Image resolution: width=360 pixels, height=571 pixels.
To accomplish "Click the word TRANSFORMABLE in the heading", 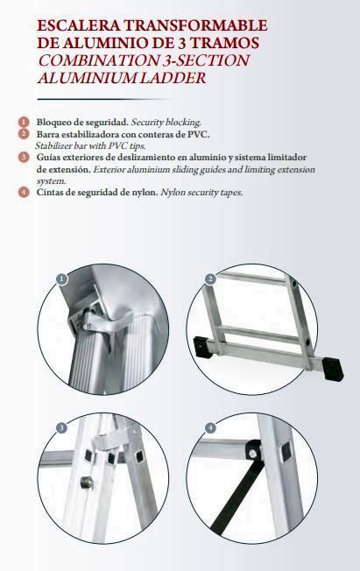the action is [x=195, y=25].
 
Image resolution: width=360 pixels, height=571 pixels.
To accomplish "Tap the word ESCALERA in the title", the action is [x=79, y=25].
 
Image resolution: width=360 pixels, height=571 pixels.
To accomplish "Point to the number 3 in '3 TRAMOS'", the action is [x=182, y=43].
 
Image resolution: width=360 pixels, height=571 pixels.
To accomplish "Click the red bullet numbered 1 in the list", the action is [x=24, y=122].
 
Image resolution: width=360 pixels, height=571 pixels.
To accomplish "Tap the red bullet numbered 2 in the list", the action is [x=24, y=134].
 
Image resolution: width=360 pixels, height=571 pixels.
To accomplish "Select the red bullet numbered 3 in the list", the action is [x=24, y=158].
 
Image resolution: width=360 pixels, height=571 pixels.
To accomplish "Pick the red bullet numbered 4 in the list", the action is [x=24, y=192].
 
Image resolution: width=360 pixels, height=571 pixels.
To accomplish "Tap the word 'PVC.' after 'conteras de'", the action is [x=199, y=134].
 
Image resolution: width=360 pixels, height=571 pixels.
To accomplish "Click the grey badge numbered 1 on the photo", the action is [x=62, y=279].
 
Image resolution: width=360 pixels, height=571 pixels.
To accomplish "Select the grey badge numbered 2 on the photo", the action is [x=210, y=279].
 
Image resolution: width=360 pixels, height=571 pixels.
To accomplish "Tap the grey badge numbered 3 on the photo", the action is [x=62, y=427].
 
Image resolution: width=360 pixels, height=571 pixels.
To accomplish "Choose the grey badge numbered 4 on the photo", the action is [x=210, y=427].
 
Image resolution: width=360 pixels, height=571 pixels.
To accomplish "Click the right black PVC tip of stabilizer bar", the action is [x=333, y=370].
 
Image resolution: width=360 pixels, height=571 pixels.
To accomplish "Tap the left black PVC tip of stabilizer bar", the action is [x=201, y=348].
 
